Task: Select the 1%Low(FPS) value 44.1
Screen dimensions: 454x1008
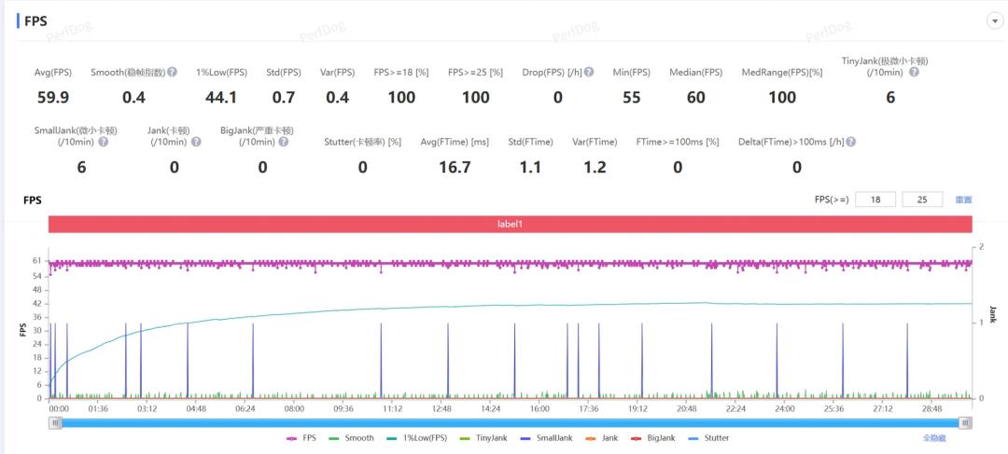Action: pos(221,97)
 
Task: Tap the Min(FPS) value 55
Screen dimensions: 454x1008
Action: pos(632,97)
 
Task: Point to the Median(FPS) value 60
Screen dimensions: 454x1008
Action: pos(695,97)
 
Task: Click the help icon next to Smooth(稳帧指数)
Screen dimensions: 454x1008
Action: pos(172,72)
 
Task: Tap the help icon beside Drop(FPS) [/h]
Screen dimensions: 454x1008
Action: pos(588,72)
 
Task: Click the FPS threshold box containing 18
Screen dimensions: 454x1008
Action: pos(875,199)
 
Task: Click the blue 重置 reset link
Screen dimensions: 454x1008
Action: pos(963,199)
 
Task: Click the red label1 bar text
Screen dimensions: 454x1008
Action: pos(511,225)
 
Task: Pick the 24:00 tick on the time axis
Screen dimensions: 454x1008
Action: pos(784,408)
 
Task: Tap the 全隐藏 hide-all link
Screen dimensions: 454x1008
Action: pos(935,438)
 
